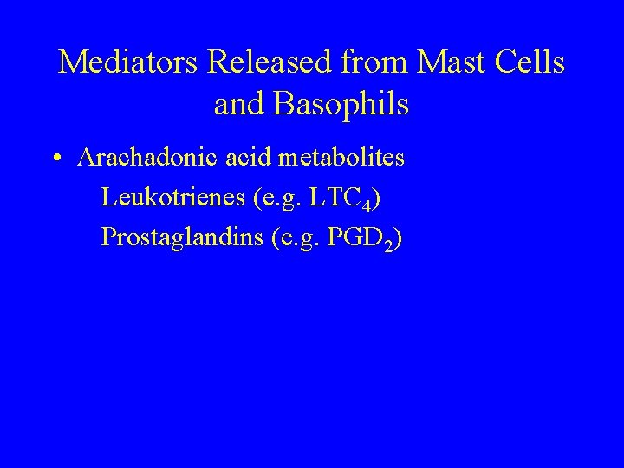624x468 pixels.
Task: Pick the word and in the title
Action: [x=240, y=104]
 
